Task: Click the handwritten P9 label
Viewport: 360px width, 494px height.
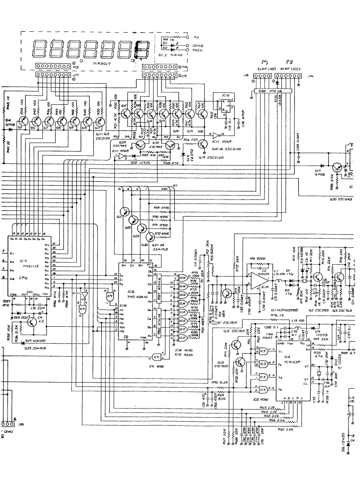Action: point(264,63)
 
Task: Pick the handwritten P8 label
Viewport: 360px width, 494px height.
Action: point(289,63)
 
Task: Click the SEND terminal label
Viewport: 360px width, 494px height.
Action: point(198,45)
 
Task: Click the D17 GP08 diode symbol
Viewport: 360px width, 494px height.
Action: point(323,166)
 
